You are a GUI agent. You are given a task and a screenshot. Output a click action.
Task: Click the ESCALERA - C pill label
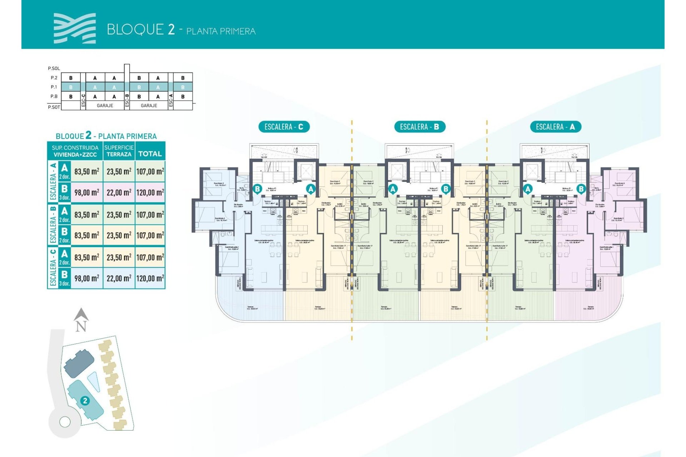284,127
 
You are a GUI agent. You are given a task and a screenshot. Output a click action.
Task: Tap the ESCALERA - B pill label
419,127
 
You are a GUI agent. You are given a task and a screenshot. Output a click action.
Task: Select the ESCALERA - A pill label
556,127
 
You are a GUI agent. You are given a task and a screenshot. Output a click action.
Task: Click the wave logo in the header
75,28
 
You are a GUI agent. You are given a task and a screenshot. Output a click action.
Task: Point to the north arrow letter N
81,326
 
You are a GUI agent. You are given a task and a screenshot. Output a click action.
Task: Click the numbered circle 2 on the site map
85,401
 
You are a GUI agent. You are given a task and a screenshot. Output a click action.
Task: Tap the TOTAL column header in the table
150,154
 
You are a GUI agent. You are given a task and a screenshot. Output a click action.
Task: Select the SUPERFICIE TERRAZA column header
119,151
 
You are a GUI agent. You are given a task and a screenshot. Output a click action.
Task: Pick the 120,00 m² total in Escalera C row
150,278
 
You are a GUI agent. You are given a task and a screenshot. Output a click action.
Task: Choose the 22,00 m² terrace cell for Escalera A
119,193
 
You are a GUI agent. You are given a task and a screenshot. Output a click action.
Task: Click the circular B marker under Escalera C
257,189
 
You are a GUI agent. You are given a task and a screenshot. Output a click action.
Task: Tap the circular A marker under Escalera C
310,189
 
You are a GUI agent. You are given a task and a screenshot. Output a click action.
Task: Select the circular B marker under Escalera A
581,189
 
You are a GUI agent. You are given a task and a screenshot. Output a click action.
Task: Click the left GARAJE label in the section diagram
105,106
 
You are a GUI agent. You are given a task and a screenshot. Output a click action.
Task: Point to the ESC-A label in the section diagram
171,100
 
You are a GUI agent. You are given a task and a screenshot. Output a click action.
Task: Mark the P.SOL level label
54,68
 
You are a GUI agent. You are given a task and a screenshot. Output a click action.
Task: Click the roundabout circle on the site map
65,422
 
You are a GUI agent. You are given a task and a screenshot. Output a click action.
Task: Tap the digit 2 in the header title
171,29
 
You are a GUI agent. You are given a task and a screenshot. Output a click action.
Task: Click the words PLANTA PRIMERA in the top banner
221,31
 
